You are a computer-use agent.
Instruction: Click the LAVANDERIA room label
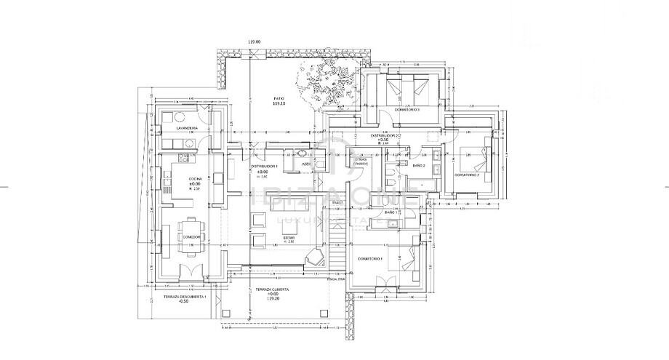coord(177,127)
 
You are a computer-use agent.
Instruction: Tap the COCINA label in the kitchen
coord(195,178)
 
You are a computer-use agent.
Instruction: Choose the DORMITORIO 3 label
coord(408,109)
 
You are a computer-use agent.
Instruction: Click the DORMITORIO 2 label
coord(468,175)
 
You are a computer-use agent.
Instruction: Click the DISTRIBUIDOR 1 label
coord(264,166)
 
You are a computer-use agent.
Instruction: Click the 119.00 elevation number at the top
coord(254,42)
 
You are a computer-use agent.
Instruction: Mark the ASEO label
coord(307,164)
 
